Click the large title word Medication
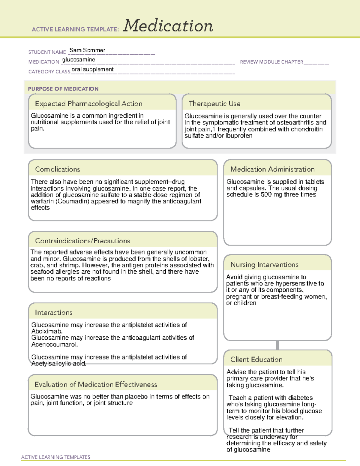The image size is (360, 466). click(168, 26)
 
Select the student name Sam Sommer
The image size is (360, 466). click(87, 50)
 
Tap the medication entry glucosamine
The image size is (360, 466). click(79, 60)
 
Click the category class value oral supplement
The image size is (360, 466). click(92, 70)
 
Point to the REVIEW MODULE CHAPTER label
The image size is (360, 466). click(271, 62)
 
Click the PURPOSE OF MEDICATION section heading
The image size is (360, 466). click(63, 89)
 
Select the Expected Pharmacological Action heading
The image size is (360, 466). click(88, 104)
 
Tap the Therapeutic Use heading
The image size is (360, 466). click(214, 104)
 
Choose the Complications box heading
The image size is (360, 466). click(57, 170)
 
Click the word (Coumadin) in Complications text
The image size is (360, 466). click(72, 201)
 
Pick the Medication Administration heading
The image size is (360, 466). click(272, 170)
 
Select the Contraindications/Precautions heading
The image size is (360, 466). click(82, 241)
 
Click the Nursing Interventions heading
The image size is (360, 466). click(264, 265)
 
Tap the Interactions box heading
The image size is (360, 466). click(53, 313)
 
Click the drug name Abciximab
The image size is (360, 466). click(47, 332)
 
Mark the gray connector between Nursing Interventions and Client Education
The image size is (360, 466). click(277, 345)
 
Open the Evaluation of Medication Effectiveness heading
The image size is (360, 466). click(96, 385)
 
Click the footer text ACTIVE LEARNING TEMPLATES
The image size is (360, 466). click(56, 457)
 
